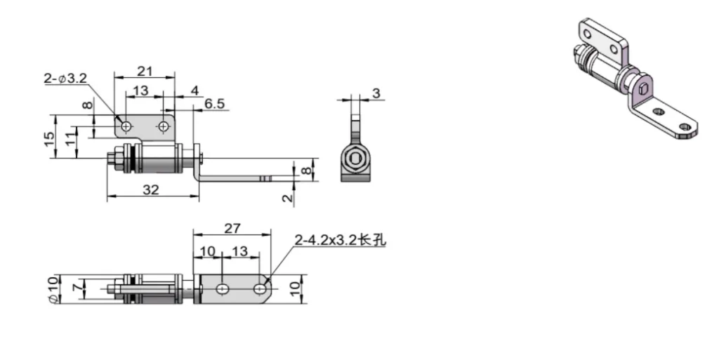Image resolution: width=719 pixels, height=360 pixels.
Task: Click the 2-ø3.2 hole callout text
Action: (64, 79)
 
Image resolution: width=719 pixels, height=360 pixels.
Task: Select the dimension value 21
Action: (145, 71)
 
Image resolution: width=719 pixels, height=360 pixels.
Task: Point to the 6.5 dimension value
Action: (215, 104)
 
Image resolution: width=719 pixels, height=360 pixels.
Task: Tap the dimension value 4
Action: (195, 90)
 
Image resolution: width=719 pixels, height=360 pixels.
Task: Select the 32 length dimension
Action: (150, 189)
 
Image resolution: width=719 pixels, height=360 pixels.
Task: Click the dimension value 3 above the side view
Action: (376, 93)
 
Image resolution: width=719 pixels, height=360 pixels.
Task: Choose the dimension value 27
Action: (232, 228)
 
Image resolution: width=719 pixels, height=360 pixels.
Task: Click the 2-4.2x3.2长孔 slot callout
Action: (341, 241)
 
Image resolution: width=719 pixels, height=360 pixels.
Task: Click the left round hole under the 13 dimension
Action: (126, 126)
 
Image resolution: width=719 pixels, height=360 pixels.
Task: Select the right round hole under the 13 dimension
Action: (164, 126)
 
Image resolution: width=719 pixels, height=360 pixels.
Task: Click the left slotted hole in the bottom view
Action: (222, 288)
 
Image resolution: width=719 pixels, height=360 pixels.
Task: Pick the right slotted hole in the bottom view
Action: (260, 288)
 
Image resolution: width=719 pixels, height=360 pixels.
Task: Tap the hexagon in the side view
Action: (357, 159)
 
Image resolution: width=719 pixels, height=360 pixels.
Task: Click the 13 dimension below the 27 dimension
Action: (239, 251)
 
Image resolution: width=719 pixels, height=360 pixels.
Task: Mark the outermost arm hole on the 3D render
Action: (685, 128)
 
